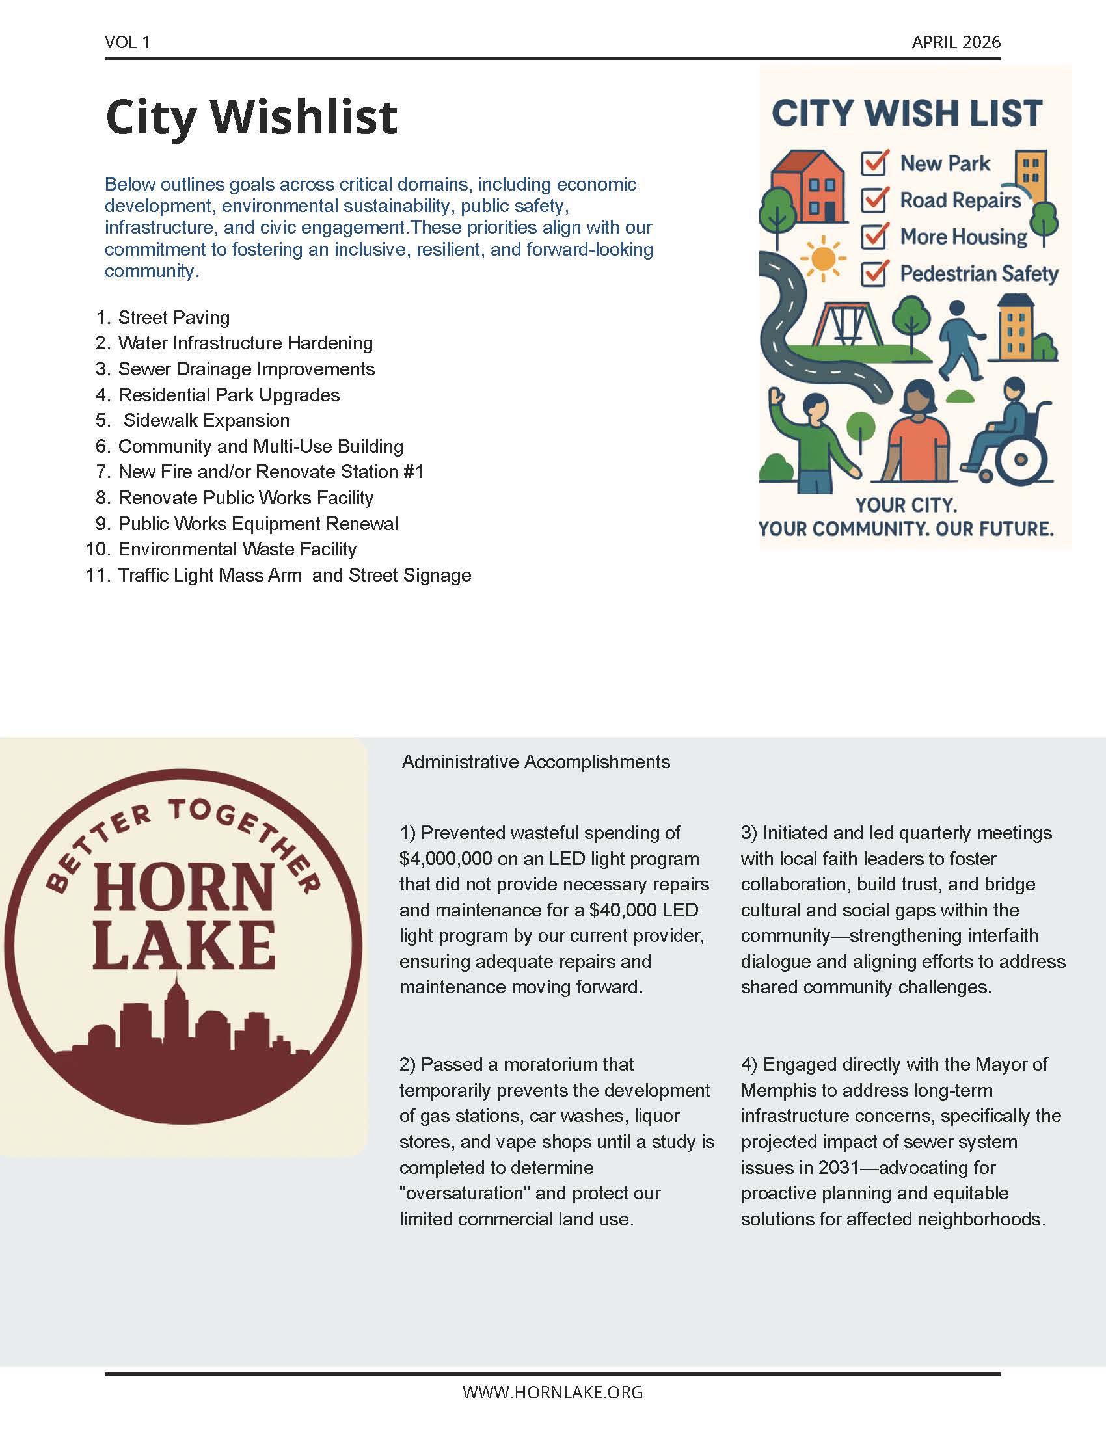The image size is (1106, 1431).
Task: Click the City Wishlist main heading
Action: pyautogui.click(x=251, y=116)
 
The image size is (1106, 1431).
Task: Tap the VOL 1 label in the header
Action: pyautogui.click(x=127, y=42)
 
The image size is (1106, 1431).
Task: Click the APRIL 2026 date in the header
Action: pyautogui.click(x=956, y=42)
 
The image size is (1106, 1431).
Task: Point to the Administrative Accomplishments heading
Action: pyautogui.click(x=535, y=762)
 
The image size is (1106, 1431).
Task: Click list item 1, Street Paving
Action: pyautogui.click(x=174, y=318)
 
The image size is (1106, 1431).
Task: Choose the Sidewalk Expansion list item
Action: pyautogui.click(x=206, y=420)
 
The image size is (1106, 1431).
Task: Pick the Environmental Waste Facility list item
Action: pyautogui.click(x=237, y=549)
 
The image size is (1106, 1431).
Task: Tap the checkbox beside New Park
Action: pyautogui.click(x=874, y=163)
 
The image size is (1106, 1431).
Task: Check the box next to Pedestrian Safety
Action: pyautogui.click(x=874, y=273)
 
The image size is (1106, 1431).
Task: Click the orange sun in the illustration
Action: pyautogui.click(x=822, y=258)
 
